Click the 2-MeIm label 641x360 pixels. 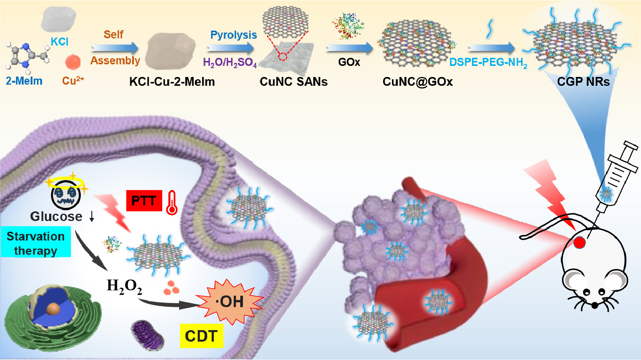click(x=24, y=81)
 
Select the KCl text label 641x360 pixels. click(x=59, y=41)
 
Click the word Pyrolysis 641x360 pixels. click(x=233, y=35)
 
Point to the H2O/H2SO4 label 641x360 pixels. click(x=230, y=62)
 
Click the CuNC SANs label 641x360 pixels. click(x=293, y=82)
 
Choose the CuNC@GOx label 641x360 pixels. click(x=418, y=82)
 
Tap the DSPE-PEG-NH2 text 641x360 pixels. click(x=488, y=62)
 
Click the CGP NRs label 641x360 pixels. click(x=583, y=82)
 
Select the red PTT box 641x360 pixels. click(x=144, y=200)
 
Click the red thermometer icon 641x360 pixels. click(x=172, y=203)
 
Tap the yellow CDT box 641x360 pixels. click(x=201, y=336)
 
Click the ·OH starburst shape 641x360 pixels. click(x=229, y=301)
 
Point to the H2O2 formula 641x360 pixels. click(x=124, y=286)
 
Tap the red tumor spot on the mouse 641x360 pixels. click(x=579, y=242)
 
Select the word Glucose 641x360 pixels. click(x=56, y=216)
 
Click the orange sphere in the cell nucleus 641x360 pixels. click(x=54, y=309)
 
